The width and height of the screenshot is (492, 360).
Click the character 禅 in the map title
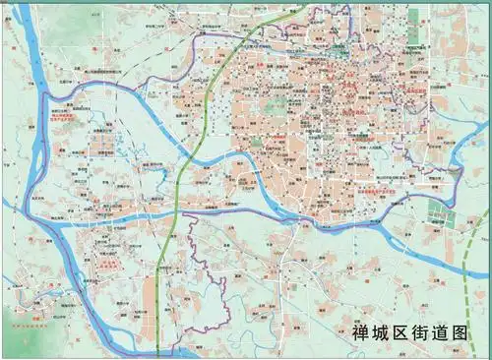pos(361,332)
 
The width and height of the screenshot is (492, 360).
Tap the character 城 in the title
pos(383,332)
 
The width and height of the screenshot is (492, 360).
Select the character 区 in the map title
pos(404,332)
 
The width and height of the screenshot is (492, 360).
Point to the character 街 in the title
pos(426,332)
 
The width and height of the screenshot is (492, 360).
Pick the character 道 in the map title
pos(448,332)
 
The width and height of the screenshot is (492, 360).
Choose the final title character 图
pos(469,332)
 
